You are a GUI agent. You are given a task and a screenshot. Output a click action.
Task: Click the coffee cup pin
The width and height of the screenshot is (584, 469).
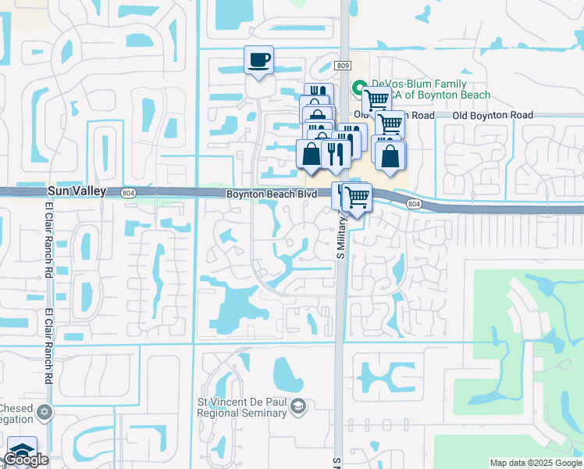click(x=259, y=59)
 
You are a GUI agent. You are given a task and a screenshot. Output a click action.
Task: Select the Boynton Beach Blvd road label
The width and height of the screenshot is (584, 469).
click(x=265, y=194)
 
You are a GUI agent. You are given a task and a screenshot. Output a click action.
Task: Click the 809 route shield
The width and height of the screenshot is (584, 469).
click(x=344, y=66)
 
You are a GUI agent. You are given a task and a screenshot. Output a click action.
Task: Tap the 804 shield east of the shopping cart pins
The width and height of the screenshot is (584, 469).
click(x=414, y=203)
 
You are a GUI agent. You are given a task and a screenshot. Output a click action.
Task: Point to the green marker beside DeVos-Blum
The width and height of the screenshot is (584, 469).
click(x=360, y=87)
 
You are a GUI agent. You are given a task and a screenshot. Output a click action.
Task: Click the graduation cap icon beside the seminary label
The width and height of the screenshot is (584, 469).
click(x=297, y=406)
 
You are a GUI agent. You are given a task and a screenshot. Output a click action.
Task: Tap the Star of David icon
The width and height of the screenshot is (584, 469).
click(x=45, y=411)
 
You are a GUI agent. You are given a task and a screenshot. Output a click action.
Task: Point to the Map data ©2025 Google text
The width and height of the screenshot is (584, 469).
click(x=536, y=463)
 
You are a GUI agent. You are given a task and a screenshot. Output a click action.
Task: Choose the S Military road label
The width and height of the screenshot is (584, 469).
click(x=340, y=233)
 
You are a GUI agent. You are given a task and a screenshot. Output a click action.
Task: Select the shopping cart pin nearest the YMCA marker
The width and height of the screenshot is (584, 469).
click(x=376, y=99)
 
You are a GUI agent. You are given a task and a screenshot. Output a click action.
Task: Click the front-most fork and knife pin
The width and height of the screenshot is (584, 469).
click(x=333, y=152)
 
